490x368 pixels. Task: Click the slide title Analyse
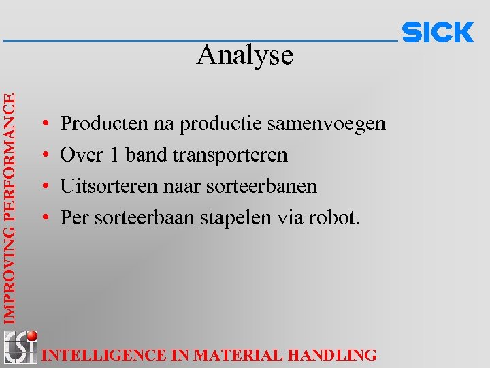click(245, 56)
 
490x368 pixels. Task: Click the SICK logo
click(438, 33)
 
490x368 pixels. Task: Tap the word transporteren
click(230, 155)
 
